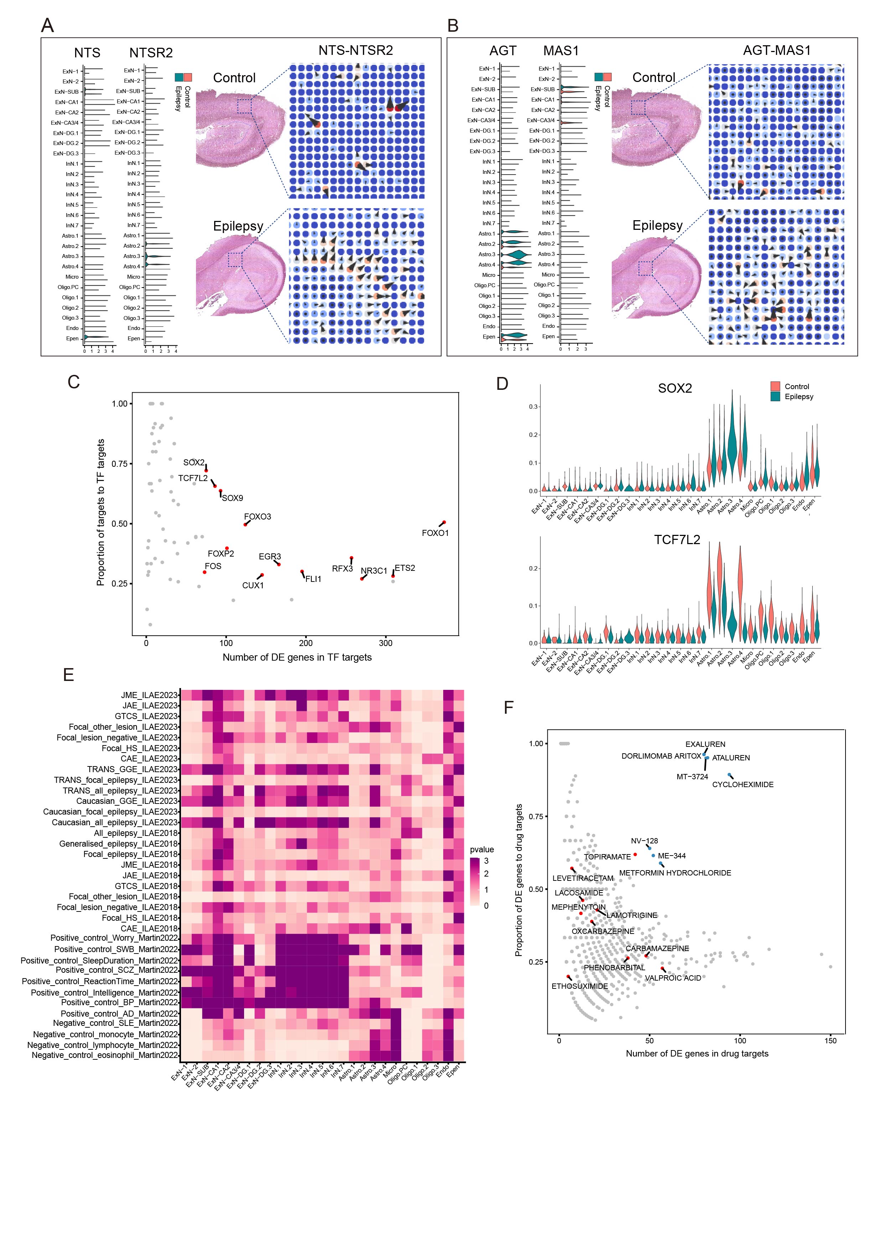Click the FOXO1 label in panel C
tap(435, 533)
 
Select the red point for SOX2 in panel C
tap(206, 470)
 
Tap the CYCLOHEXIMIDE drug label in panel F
tap(743, 785)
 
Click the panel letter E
tap(68, 675)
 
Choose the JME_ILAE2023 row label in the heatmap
tap(149, 695)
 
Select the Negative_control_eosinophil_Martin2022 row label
tap(104, 1055)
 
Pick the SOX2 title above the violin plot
tap(674, 388)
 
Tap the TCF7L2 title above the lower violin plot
tap(677, 539)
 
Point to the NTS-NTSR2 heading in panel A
tap(356, 51)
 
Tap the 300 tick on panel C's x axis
tap(386, 643)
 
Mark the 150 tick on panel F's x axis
tap(830, 1040)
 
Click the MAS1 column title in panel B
tap(561, 51)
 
